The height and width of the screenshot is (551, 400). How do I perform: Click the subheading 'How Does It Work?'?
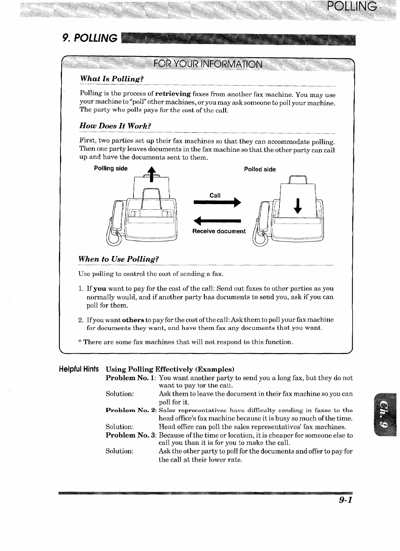click(115, 126)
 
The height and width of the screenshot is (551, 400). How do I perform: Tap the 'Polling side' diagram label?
click(110, 168)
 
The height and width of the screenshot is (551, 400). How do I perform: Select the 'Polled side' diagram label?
click(260, 169)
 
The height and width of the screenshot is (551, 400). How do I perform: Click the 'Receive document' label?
click(219, 231)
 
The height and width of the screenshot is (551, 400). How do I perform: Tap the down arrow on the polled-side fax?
click(297, 206)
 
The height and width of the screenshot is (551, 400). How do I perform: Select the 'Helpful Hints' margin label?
click(79, 369)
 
